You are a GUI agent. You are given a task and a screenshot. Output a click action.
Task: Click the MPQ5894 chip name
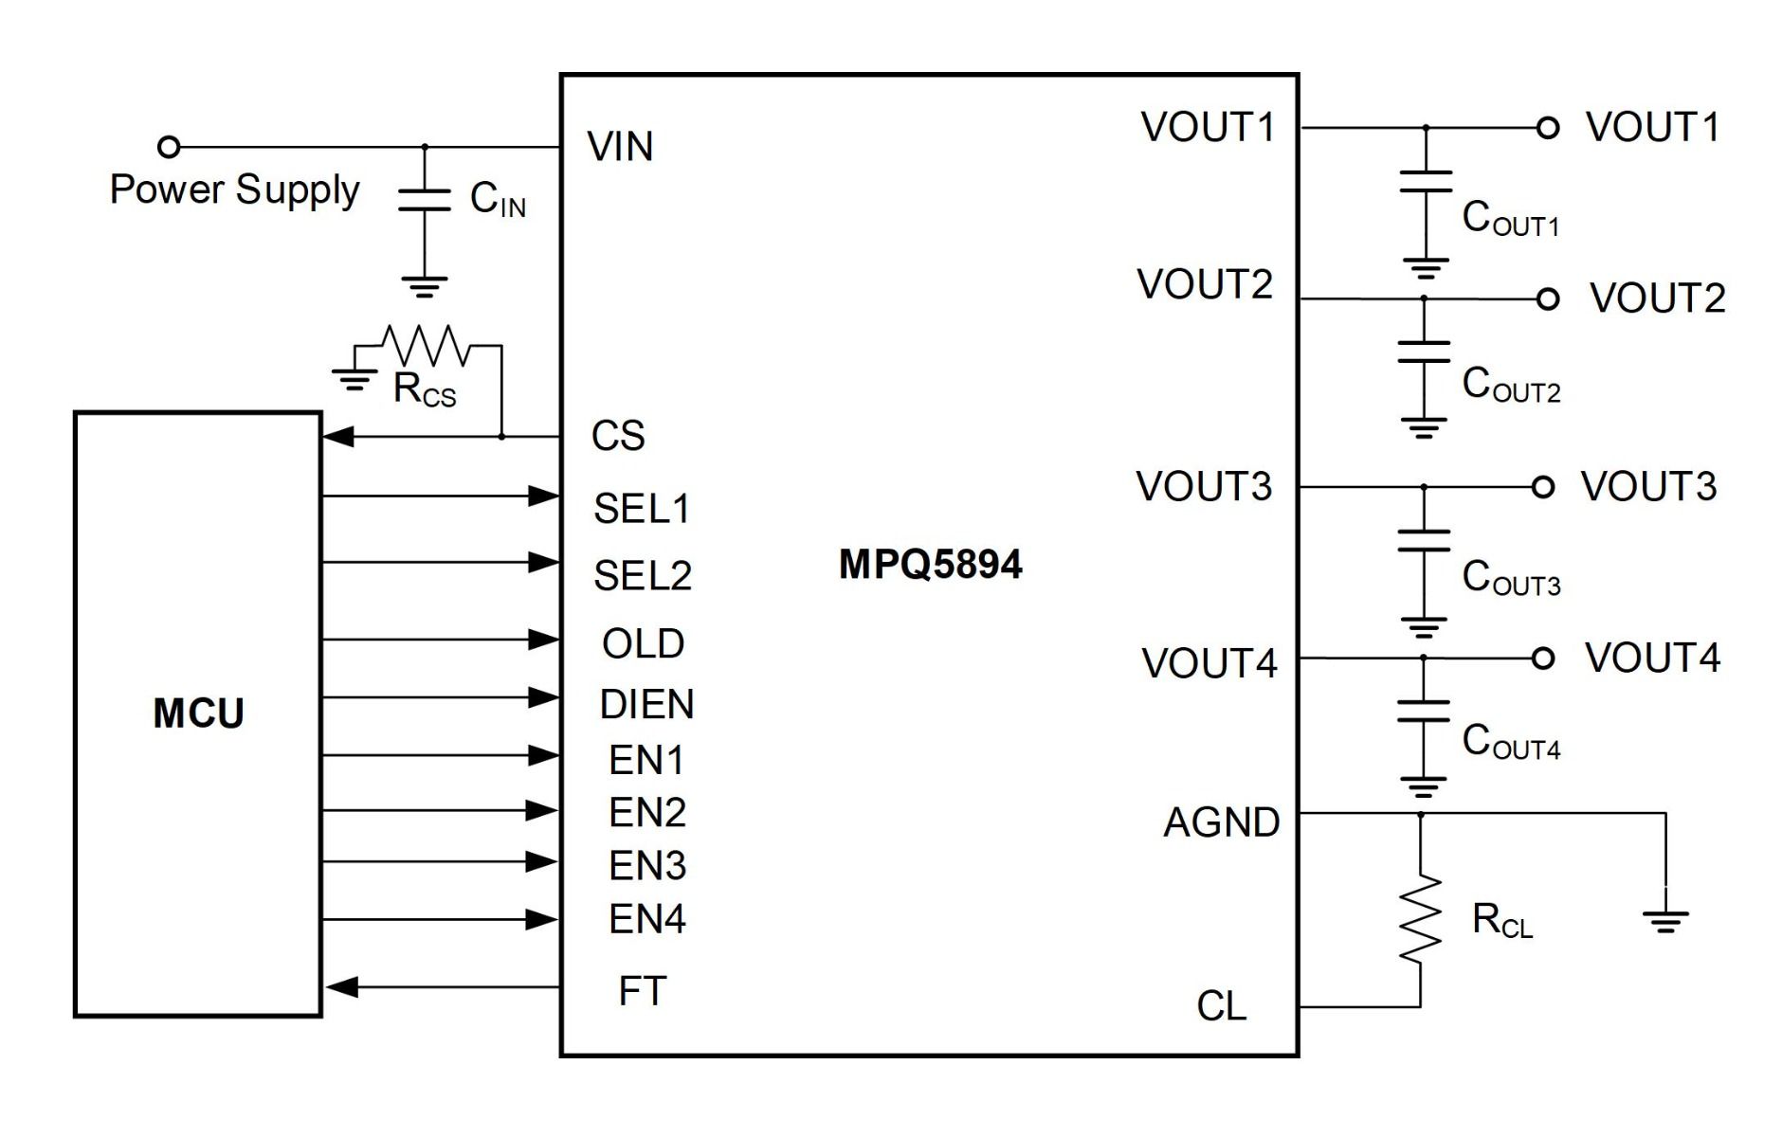(x=930, y=565)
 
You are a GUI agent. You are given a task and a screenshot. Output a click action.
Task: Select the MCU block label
(x=198, y=713)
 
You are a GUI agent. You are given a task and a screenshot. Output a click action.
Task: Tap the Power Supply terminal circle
(x=169, y=147)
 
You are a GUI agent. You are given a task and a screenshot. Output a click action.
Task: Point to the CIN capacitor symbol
(x=425, y=199)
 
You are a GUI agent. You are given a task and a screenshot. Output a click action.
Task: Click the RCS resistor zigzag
(x=427, y=345)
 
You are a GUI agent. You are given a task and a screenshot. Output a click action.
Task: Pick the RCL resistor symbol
(x=1420, y=919)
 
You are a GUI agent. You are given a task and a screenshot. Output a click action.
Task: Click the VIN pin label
(x=620, y=147)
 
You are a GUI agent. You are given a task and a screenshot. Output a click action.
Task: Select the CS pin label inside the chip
(x=618, y=436)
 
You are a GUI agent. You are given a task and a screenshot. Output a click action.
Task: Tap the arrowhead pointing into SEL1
(x=543, y=496)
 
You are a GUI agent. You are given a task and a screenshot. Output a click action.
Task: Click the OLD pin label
(x=644, y=643)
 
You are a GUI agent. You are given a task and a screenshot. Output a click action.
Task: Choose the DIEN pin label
(x=647, y=704)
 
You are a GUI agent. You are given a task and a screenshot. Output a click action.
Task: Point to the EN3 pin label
(x=647, y=865)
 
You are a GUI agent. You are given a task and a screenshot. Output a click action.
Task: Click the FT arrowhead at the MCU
(x=340, y=987)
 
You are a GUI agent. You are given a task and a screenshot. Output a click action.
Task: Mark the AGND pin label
(x=1222, y=822)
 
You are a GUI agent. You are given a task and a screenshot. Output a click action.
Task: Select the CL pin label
(x=1222, y=1006)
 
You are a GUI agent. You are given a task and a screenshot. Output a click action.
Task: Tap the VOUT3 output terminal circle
(x=1543, y=487)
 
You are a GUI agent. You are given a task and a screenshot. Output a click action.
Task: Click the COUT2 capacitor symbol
(x=1424, y=352)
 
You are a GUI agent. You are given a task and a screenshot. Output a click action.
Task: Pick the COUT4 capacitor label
(x=1511, y=741)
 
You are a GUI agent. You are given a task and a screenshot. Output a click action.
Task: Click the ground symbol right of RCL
(x=1665, y=920)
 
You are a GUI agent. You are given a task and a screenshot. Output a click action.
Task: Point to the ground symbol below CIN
(x=425, y=287)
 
